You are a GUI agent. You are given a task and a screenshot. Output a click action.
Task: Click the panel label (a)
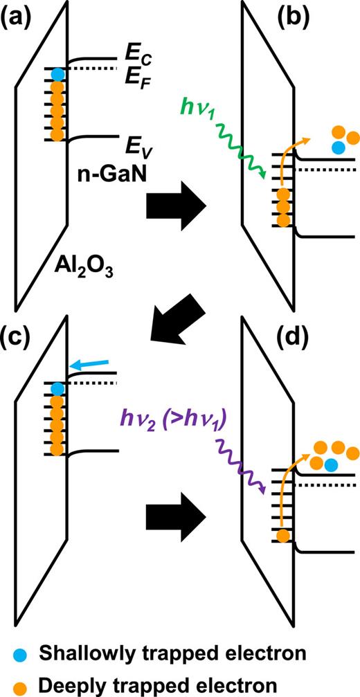(x=22, y=15)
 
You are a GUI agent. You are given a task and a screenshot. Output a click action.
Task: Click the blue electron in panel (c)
(x=58, y=388)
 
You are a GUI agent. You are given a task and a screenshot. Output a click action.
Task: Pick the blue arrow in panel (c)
(x=89, y=365)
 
